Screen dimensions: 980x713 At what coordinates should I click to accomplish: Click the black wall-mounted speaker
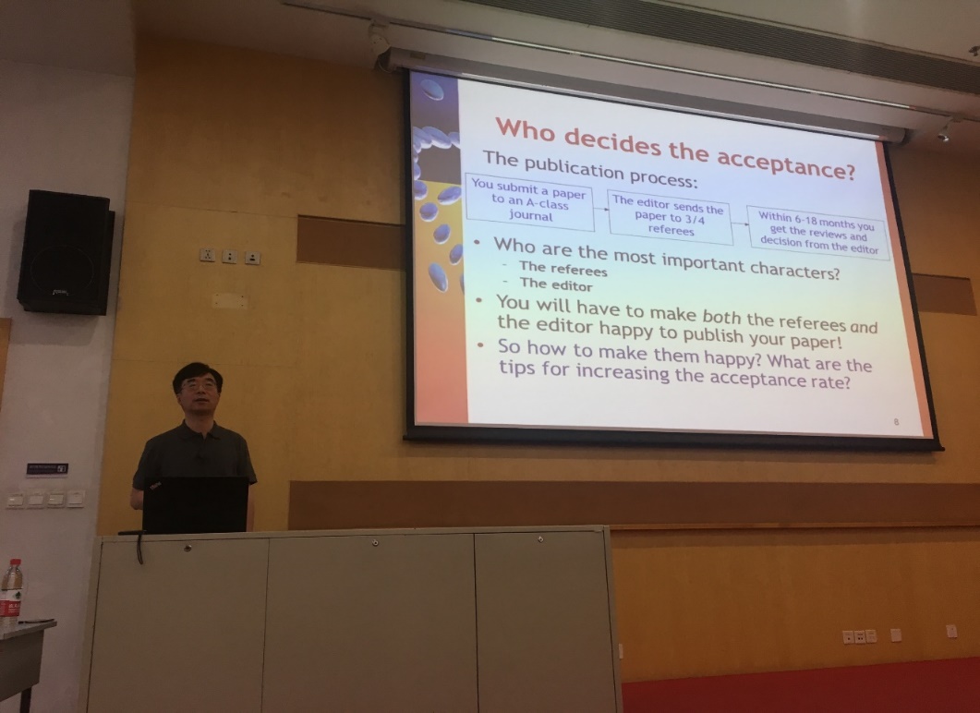click(x=66, y=252)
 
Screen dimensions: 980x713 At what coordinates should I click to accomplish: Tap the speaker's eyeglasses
click(x=199, y=385)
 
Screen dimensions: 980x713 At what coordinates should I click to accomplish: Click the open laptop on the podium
click(x=195, y=504)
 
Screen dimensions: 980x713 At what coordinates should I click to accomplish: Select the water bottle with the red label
click(x=11, y=594)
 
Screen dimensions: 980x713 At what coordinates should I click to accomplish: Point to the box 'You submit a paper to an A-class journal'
click(x=529, y=200)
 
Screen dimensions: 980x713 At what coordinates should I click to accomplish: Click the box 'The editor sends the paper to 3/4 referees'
click(x=670, y=216)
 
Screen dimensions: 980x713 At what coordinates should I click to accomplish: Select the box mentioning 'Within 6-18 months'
click(x=817, y=233)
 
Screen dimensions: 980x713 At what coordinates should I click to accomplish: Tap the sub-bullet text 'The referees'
click(x=563, y=269)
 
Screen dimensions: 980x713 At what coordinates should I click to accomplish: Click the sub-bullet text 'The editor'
click(x=556, y=285)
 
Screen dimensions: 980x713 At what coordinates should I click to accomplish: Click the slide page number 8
click(x=896, y=422)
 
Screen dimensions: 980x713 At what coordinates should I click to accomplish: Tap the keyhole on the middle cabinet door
click(x=375, y=543)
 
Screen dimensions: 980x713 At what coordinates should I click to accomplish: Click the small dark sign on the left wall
click(x=47, y=468)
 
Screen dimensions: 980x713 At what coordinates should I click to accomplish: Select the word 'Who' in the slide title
click(x=525, y=128)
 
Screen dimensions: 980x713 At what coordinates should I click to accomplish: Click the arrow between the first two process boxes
click(x=601, y=209)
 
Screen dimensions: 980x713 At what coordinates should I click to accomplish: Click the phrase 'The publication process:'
click(x=589, y=169)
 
